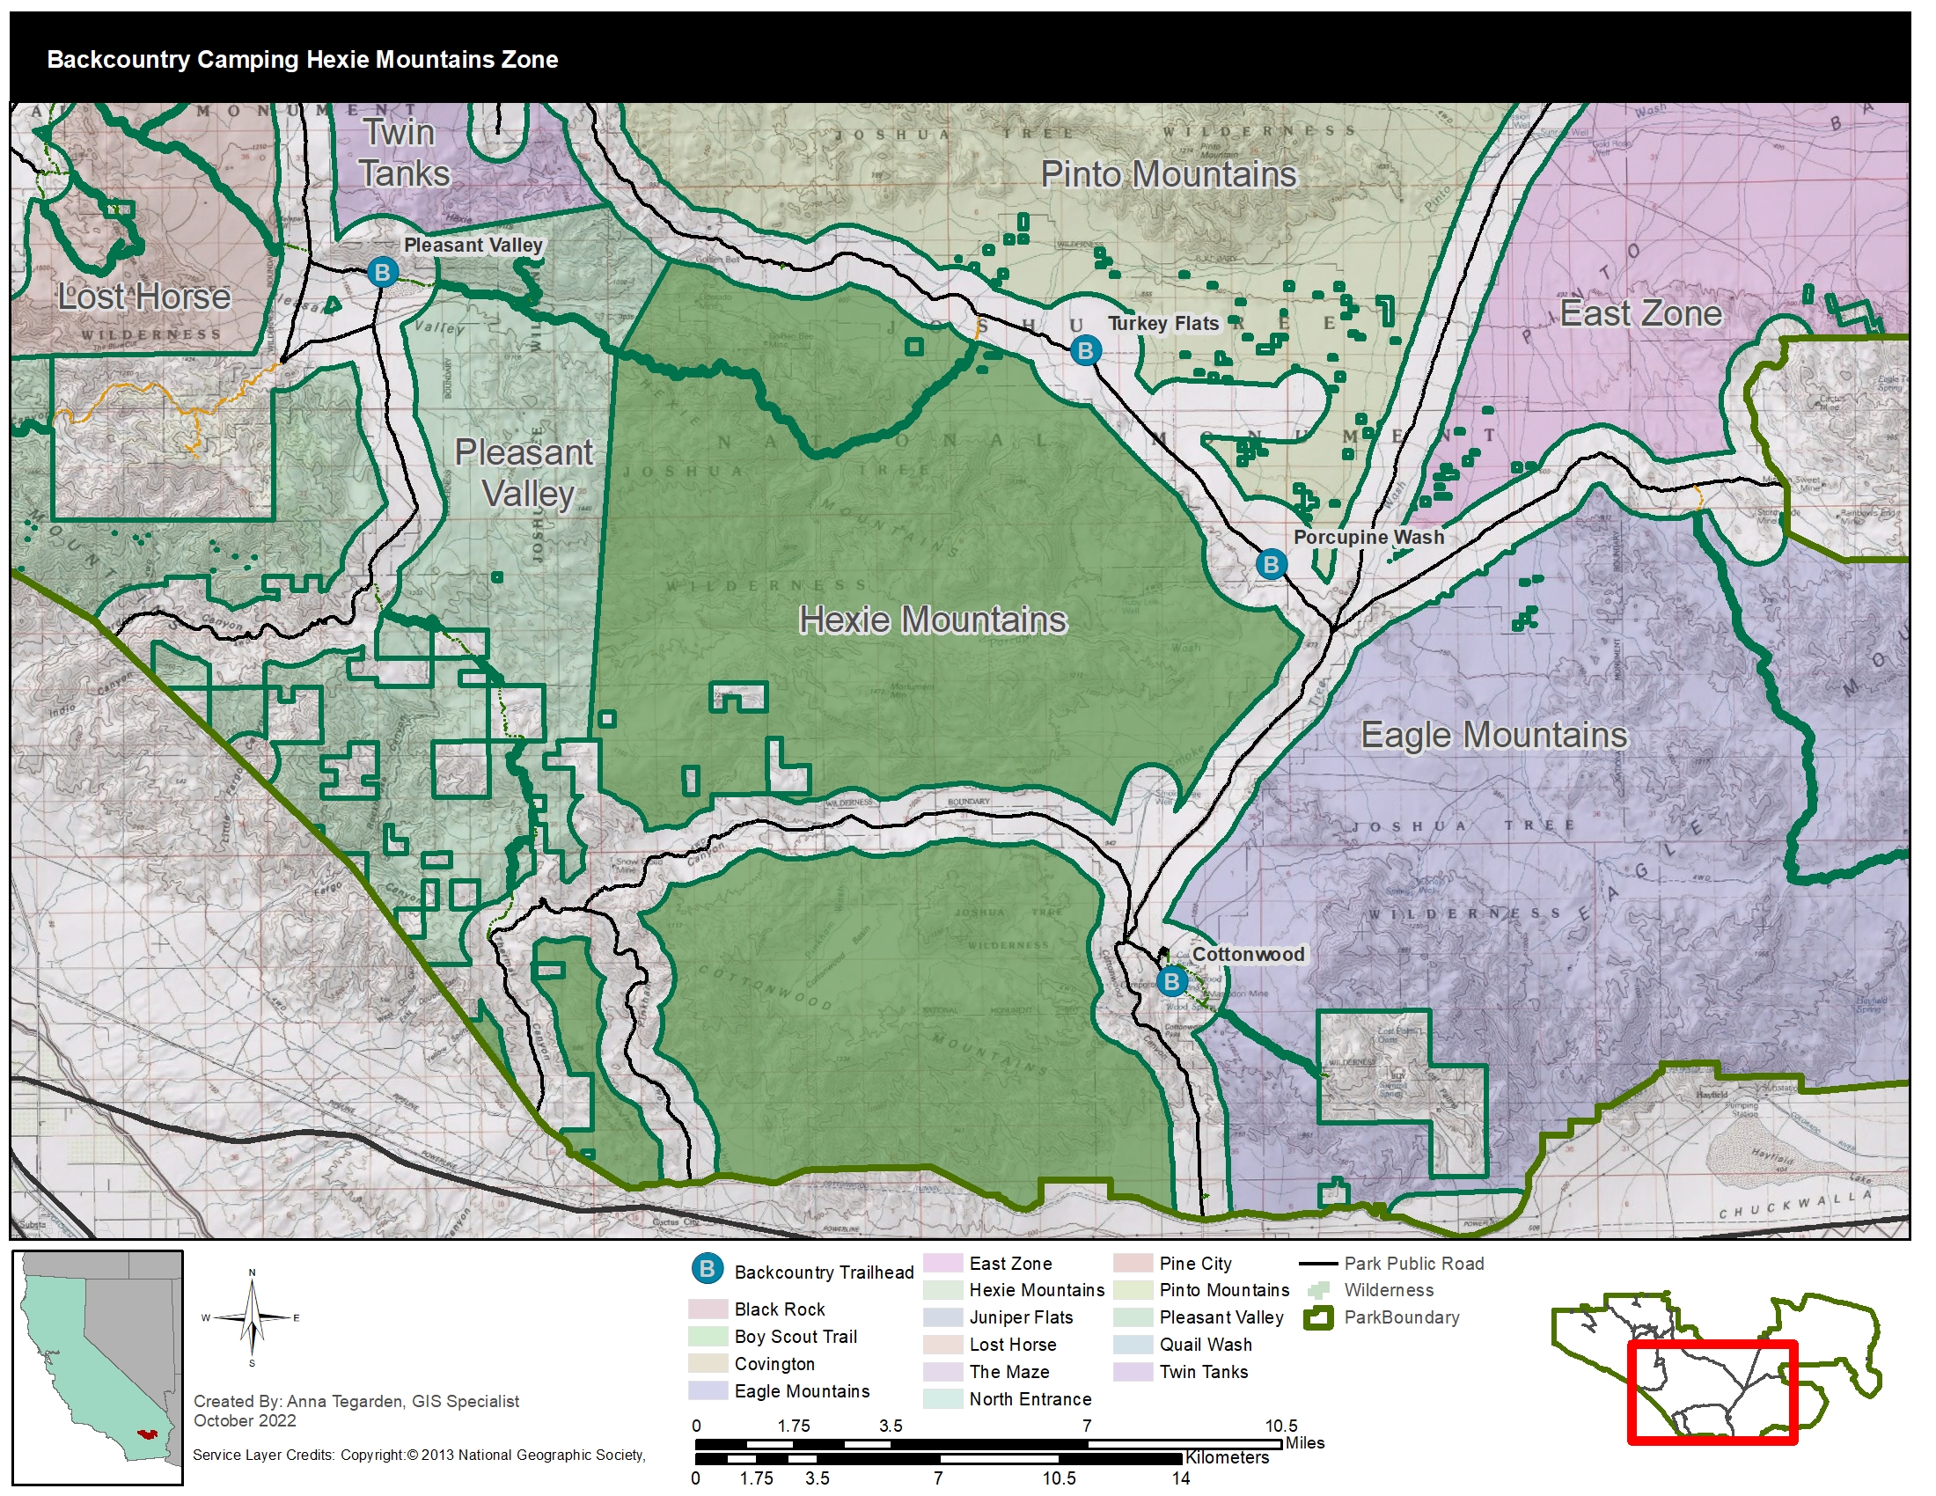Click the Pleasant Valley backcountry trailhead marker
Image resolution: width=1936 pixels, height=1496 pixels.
pyautogui.click(x=382, y=272)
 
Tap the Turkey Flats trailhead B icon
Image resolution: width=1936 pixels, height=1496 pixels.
pyautogui.click(x=1085, y=351)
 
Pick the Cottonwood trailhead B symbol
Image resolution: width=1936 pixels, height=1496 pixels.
pyautogui.click(x=1172, y=981)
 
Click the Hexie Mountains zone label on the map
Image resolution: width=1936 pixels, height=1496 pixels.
pyautogui.click(x=933, y=620)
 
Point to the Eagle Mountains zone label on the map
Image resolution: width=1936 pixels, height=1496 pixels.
pyautogui.click(x=1493, y=736)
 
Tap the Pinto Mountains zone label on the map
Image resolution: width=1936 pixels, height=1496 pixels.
pyautogui.click(x=1168, y=174)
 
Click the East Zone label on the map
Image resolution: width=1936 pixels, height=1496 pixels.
pyautogui.click(x=1640, y=314)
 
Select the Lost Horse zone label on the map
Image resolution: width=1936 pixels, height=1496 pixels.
pyautogui.click(x=143, y=297)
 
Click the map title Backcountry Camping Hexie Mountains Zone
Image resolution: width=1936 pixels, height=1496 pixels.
pyautogui.click(x=302, y=59)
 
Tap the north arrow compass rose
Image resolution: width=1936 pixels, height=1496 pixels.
pyautogui.click(x=252, y=1319)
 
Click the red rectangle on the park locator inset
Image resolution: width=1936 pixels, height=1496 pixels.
pyautogui.click(x=1712, y=1391)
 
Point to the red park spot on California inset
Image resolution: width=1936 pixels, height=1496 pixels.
pyautogui.click(x=147, y=1433)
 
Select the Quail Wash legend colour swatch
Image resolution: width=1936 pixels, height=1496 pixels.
pyautogui.click(x=1132, y=1345)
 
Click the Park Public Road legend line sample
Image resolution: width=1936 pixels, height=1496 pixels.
pyautogui.click(x=1317, y=1264)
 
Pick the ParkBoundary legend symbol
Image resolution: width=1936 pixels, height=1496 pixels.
pyautogui.click(x=1318, y=1318)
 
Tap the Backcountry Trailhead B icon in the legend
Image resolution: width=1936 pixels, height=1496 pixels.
pyautogui.click(x=708, y=1269)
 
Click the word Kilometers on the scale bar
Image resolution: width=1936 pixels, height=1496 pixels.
pyautogui.click(x=1227, y=1458)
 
